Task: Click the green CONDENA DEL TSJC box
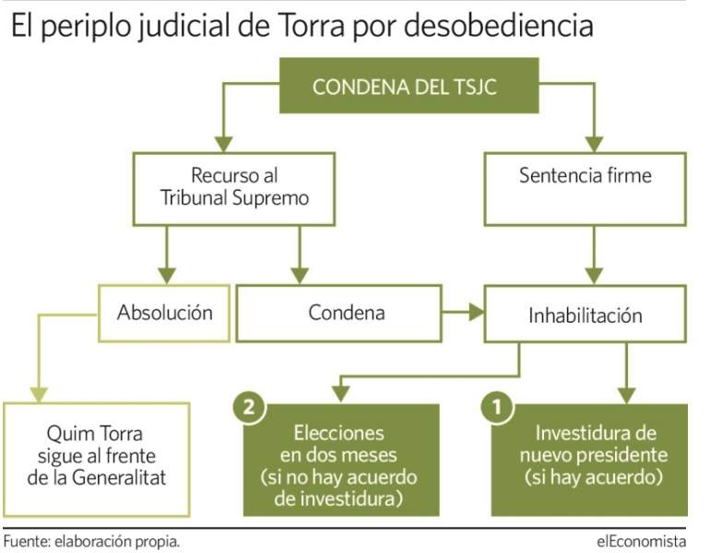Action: (408, 86)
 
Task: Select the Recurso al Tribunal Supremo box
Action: (233, 189)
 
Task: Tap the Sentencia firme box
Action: (585, 189)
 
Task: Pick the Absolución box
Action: (164, 313)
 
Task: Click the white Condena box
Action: (338, 313)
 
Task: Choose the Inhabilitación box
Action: (585, 313)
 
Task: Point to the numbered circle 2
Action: (249, 407)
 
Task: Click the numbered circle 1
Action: (497, 407)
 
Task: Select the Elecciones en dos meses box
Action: (341, 460)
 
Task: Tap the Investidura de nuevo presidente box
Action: (589, 460)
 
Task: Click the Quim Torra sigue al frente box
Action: (97, 459)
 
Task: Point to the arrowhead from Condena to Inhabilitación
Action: (477, 312)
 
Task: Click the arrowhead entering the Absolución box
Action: (167, 276)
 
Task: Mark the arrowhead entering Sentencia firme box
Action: (594, 145)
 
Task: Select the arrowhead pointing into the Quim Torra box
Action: (39, 394)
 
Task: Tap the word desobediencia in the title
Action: (499, 25)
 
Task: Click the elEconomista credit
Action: (641, 541)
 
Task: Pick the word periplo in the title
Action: (86, 27)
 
